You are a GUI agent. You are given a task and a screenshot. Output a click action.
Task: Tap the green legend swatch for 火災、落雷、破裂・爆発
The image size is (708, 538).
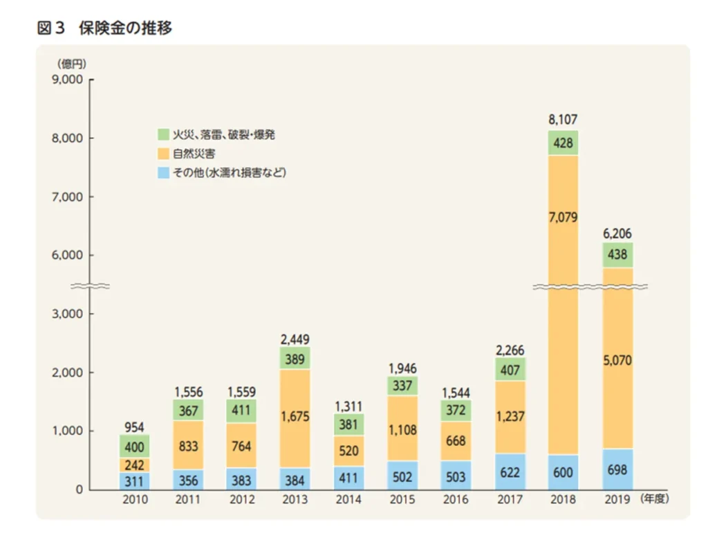pyautogui.click(x=163, y=134)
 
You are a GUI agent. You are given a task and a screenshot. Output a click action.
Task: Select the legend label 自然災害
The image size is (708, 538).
pyautogui.click(x=192, y=153)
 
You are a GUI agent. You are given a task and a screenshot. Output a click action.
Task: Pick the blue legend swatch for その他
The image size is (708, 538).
pyautogui.click(x=163, y=172)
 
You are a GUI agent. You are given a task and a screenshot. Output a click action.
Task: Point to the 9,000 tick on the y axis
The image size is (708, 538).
pyautogui.click(x=68, y=80)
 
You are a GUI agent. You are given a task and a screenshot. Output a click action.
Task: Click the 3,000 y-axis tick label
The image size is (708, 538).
pyautogui.click(x=68, y=314)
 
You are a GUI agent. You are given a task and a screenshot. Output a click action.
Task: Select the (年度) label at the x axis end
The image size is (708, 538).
pyautogui.click(x=655, y=498)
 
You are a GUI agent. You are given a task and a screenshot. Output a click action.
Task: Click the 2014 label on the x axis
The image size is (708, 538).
pyautogui.click(x=348, y=498)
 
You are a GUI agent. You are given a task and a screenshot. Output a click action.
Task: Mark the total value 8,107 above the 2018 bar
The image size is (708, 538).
pyautogui.click(x=563, y=120)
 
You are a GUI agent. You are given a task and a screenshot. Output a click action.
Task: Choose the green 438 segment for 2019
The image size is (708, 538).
pyautogui.click(x=618, y=255)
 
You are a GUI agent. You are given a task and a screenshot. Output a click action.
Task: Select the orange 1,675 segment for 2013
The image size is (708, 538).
pyautogui.click(x=295, y=418)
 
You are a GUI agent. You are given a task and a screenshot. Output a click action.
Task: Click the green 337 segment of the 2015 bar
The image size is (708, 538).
pyautogui.click(x=402, y=385)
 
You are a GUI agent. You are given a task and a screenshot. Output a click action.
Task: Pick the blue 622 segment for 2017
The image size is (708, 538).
pyautogui.click(x=510, y=472)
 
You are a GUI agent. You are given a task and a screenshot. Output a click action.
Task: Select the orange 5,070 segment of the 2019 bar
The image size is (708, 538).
pyautogui.click(x=618, y=360)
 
